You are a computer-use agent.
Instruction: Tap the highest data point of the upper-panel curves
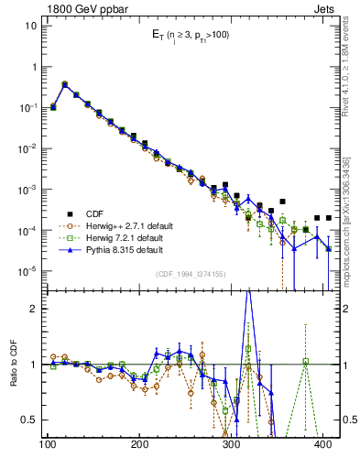tap(64, 83)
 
